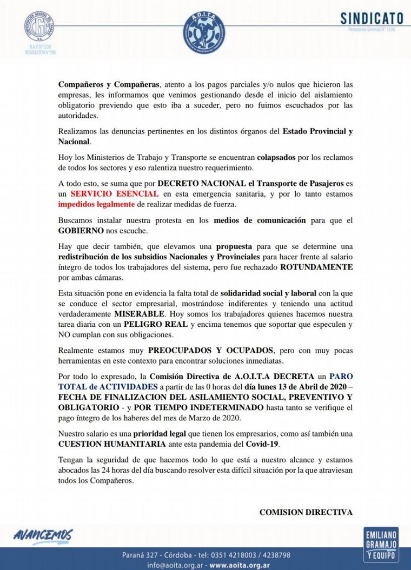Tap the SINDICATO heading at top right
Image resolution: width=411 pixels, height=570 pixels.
click(x=368, y=18)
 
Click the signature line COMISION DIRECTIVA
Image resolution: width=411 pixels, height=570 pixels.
click(x=306, y=512)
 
